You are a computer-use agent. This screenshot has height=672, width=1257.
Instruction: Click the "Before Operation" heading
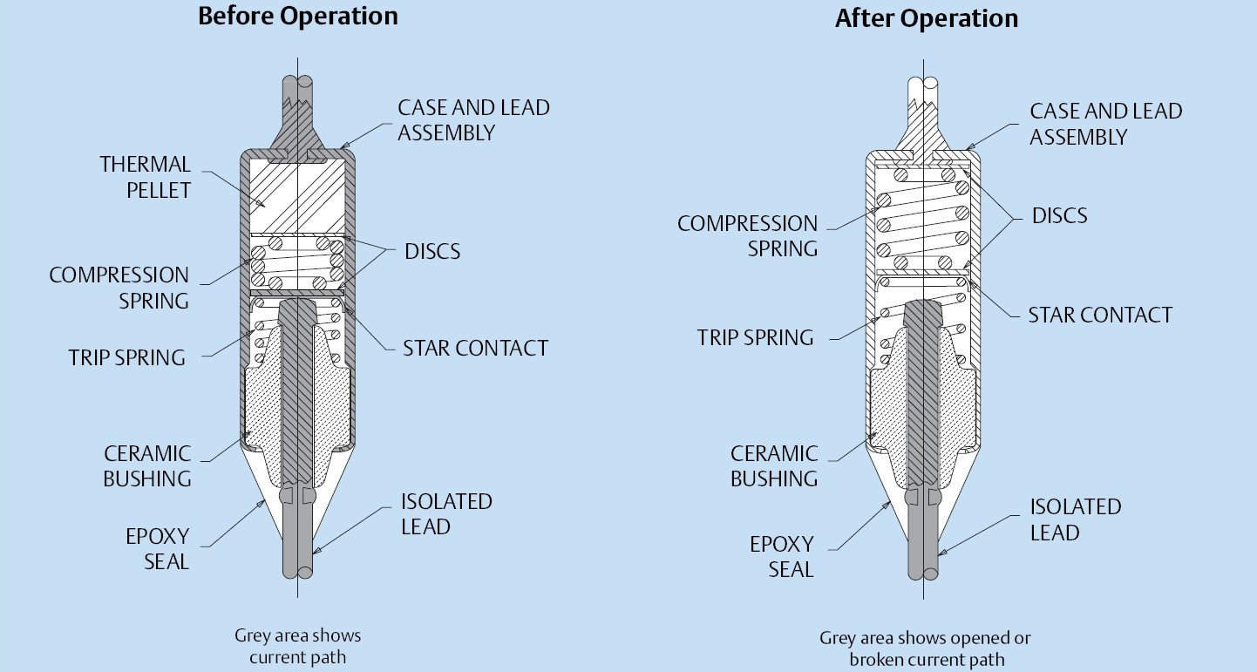click(x=297, y=17)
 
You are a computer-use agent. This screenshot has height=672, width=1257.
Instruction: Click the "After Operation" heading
click(x=926, y=19)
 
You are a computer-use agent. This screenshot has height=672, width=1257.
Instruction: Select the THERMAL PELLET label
click(x=145, y=177)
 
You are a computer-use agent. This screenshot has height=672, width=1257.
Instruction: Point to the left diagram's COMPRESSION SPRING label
click(x=119, y=288)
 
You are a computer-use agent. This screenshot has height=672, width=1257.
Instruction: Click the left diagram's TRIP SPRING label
click(x=127, y=357)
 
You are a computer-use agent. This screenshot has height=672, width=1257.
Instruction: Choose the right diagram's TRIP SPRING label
click(x=756, y=337)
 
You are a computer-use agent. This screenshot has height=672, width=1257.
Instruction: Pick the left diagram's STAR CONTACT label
click(x=475, y=349)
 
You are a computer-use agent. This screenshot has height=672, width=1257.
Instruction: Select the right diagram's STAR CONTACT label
click(x=1100, y=315)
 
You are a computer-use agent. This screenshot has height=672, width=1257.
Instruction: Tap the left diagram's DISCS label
click(x=432, y=252)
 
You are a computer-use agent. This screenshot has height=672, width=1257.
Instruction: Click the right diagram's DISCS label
click(x=1060, y=215)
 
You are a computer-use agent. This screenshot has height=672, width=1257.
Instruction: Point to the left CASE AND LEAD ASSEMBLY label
click(x=473, y=120)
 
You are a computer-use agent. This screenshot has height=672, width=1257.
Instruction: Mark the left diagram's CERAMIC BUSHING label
click(x=146, y=466)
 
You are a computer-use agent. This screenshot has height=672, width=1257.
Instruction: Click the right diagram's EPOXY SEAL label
click(x=782, y=557)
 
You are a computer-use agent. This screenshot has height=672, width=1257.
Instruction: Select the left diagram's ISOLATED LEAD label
click(x=446, y=514)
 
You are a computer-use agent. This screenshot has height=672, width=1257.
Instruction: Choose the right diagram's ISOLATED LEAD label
click(x=1076, y=519)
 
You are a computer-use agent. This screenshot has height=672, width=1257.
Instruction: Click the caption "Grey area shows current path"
click(x=297, y=646)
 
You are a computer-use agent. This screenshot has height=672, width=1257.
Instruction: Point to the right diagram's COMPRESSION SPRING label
click(x=747, y=236)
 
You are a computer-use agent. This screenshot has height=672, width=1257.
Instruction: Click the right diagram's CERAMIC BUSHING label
click(x=774, y=466)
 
